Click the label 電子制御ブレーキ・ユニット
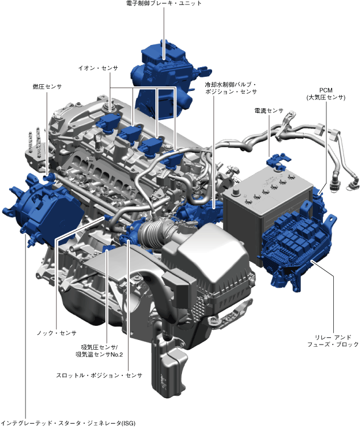point(164,3)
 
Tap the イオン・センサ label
point(98,68)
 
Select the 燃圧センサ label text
point(47,86)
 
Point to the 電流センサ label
point(269,110)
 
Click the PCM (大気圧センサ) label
point(326,94)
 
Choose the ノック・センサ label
point(57,333)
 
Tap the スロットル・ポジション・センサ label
point(99,375)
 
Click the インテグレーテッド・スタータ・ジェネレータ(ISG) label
point(68,423)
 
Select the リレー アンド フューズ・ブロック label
point(333,341)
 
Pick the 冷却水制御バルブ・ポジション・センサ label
point(231,88)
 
